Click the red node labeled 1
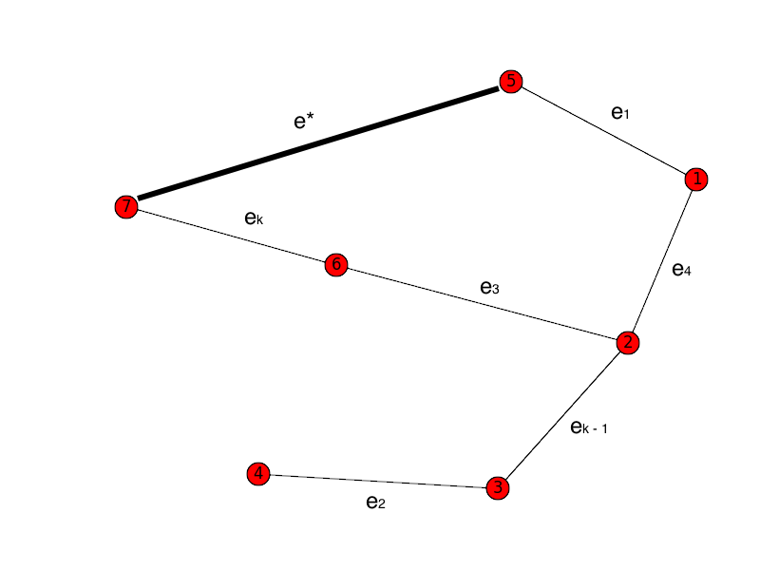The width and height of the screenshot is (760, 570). point(696,179)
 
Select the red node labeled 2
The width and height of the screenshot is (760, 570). point(627,342)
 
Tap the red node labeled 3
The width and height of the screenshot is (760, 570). point(497,487)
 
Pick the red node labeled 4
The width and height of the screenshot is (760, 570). point(257,473)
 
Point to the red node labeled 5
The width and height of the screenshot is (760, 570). point(511,82)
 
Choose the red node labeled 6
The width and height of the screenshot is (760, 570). point(335,264)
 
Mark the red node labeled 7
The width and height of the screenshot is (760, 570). point(125,206)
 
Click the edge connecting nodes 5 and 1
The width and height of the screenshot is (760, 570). point(603,130)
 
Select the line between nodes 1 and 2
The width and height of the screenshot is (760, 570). point(662,260)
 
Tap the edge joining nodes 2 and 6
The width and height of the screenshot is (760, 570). point(481,303)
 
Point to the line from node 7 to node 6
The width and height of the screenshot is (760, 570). point(230,235)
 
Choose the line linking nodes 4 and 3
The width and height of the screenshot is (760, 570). point(377,481)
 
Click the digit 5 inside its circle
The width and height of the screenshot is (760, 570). point(511,82)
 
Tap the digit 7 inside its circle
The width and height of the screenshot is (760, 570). point(125,206)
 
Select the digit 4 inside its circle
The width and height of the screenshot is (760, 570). point(257,473)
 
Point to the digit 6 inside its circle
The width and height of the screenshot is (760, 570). point(335,264)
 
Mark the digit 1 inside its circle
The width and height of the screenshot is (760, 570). point(696,179)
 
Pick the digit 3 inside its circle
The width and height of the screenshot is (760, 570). point(497,487)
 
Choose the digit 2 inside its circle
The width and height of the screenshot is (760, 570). point(627,342)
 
